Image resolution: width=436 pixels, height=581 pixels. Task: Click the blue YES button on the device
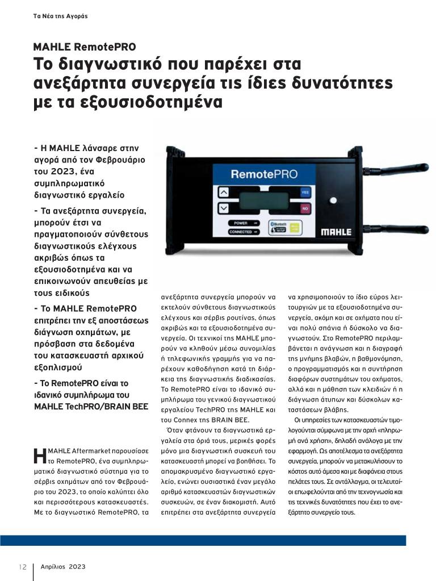click(x=304, y=193)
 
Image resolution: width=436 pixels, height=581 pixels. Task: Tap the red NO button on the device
click(x=304, y=209)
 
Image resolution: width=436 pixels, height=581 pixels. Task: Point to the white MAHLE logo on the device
click(x=336, y=232)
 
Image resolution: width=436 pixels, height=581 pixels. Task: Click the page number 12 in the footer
click(x=23, y=567)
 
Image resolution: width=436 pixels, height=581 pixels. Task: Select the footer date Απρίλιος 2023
click(x=63, y=567)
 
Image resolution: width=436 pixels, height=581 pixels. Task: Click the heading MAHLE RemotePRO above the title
click(x=85, y=47)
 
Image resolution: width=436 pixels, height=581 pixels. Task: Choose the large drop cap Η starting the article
click(x=39, y=456)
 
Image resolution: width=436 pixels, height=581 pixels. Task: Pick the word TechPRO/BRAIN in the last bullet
click(x=97, y=407)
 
